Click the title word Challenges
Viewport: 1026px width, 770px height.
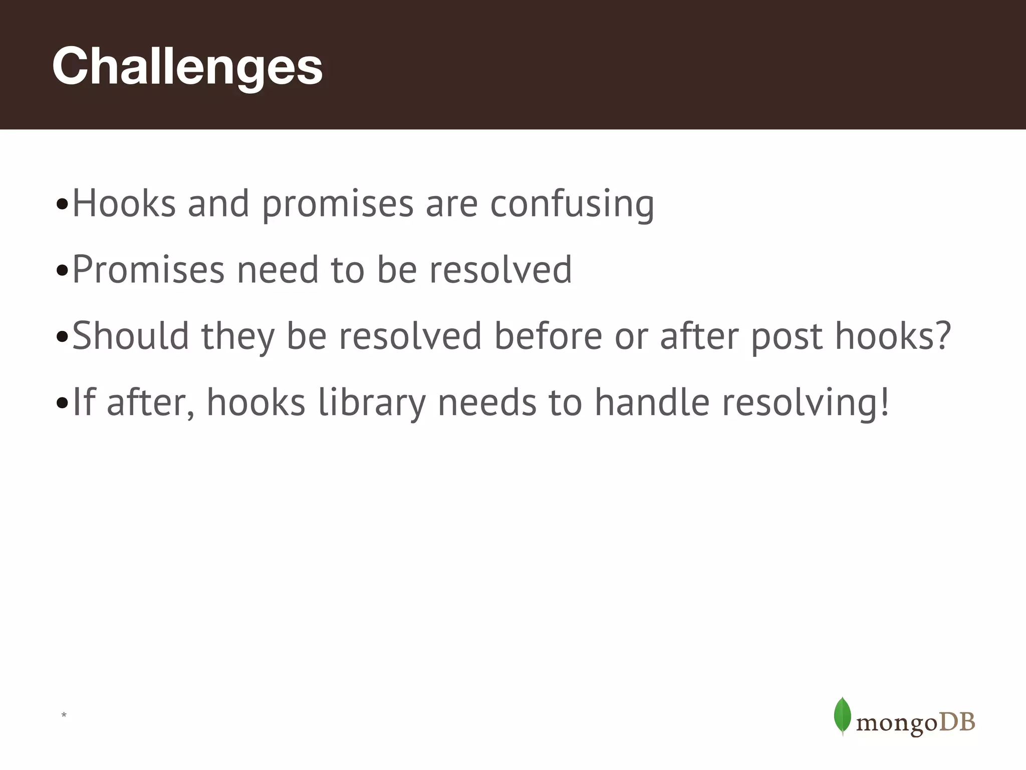tap(187, 67)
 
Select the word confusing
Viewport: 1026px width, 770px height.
tap(572, 205)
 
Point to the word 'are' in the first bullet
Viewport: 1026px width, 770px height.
tap(451, 205)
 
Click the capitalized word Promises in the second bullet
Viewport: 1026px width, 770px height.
tap(148, 270)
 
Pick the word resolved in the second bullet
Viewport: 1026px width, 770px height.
tap(500, 270)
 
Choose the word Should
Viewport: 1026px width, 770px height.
tap(131, 336)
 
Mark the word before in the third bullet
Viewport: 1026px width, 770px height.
tap(549, 336)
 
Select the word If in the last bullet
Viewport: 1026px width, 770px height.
tap(84, 402)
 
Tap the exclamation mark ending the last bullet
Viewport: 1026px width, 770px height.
tap(884, 402)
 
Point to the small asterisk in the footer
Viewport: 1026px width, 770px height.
tap(64, 715)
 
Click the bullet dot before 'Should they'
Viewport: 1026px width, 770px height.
tap(62, 337)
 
